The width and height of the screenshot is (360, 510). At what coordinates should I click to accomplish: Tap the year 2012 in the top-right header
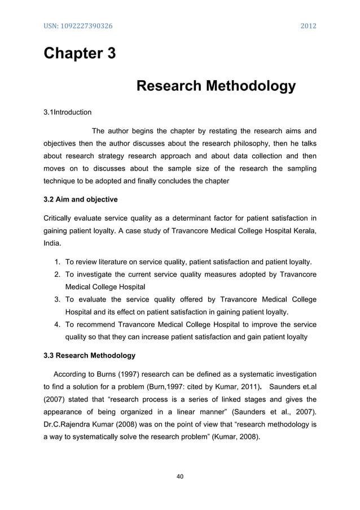click(x=308, y=27)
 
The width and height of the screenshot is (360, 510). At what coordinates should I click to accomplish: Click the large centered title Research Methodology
click(x=216, y=87)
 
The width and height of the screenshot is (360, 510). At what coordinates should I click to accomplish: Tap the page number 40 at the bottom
click(x=181, y=477)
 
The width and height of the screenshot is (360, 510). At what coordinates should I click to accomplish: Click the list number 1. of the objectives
click(x=58, y=263)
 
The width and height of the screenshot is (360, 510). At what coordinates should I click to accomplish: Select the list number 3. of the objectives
click(x=58, y=299)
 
